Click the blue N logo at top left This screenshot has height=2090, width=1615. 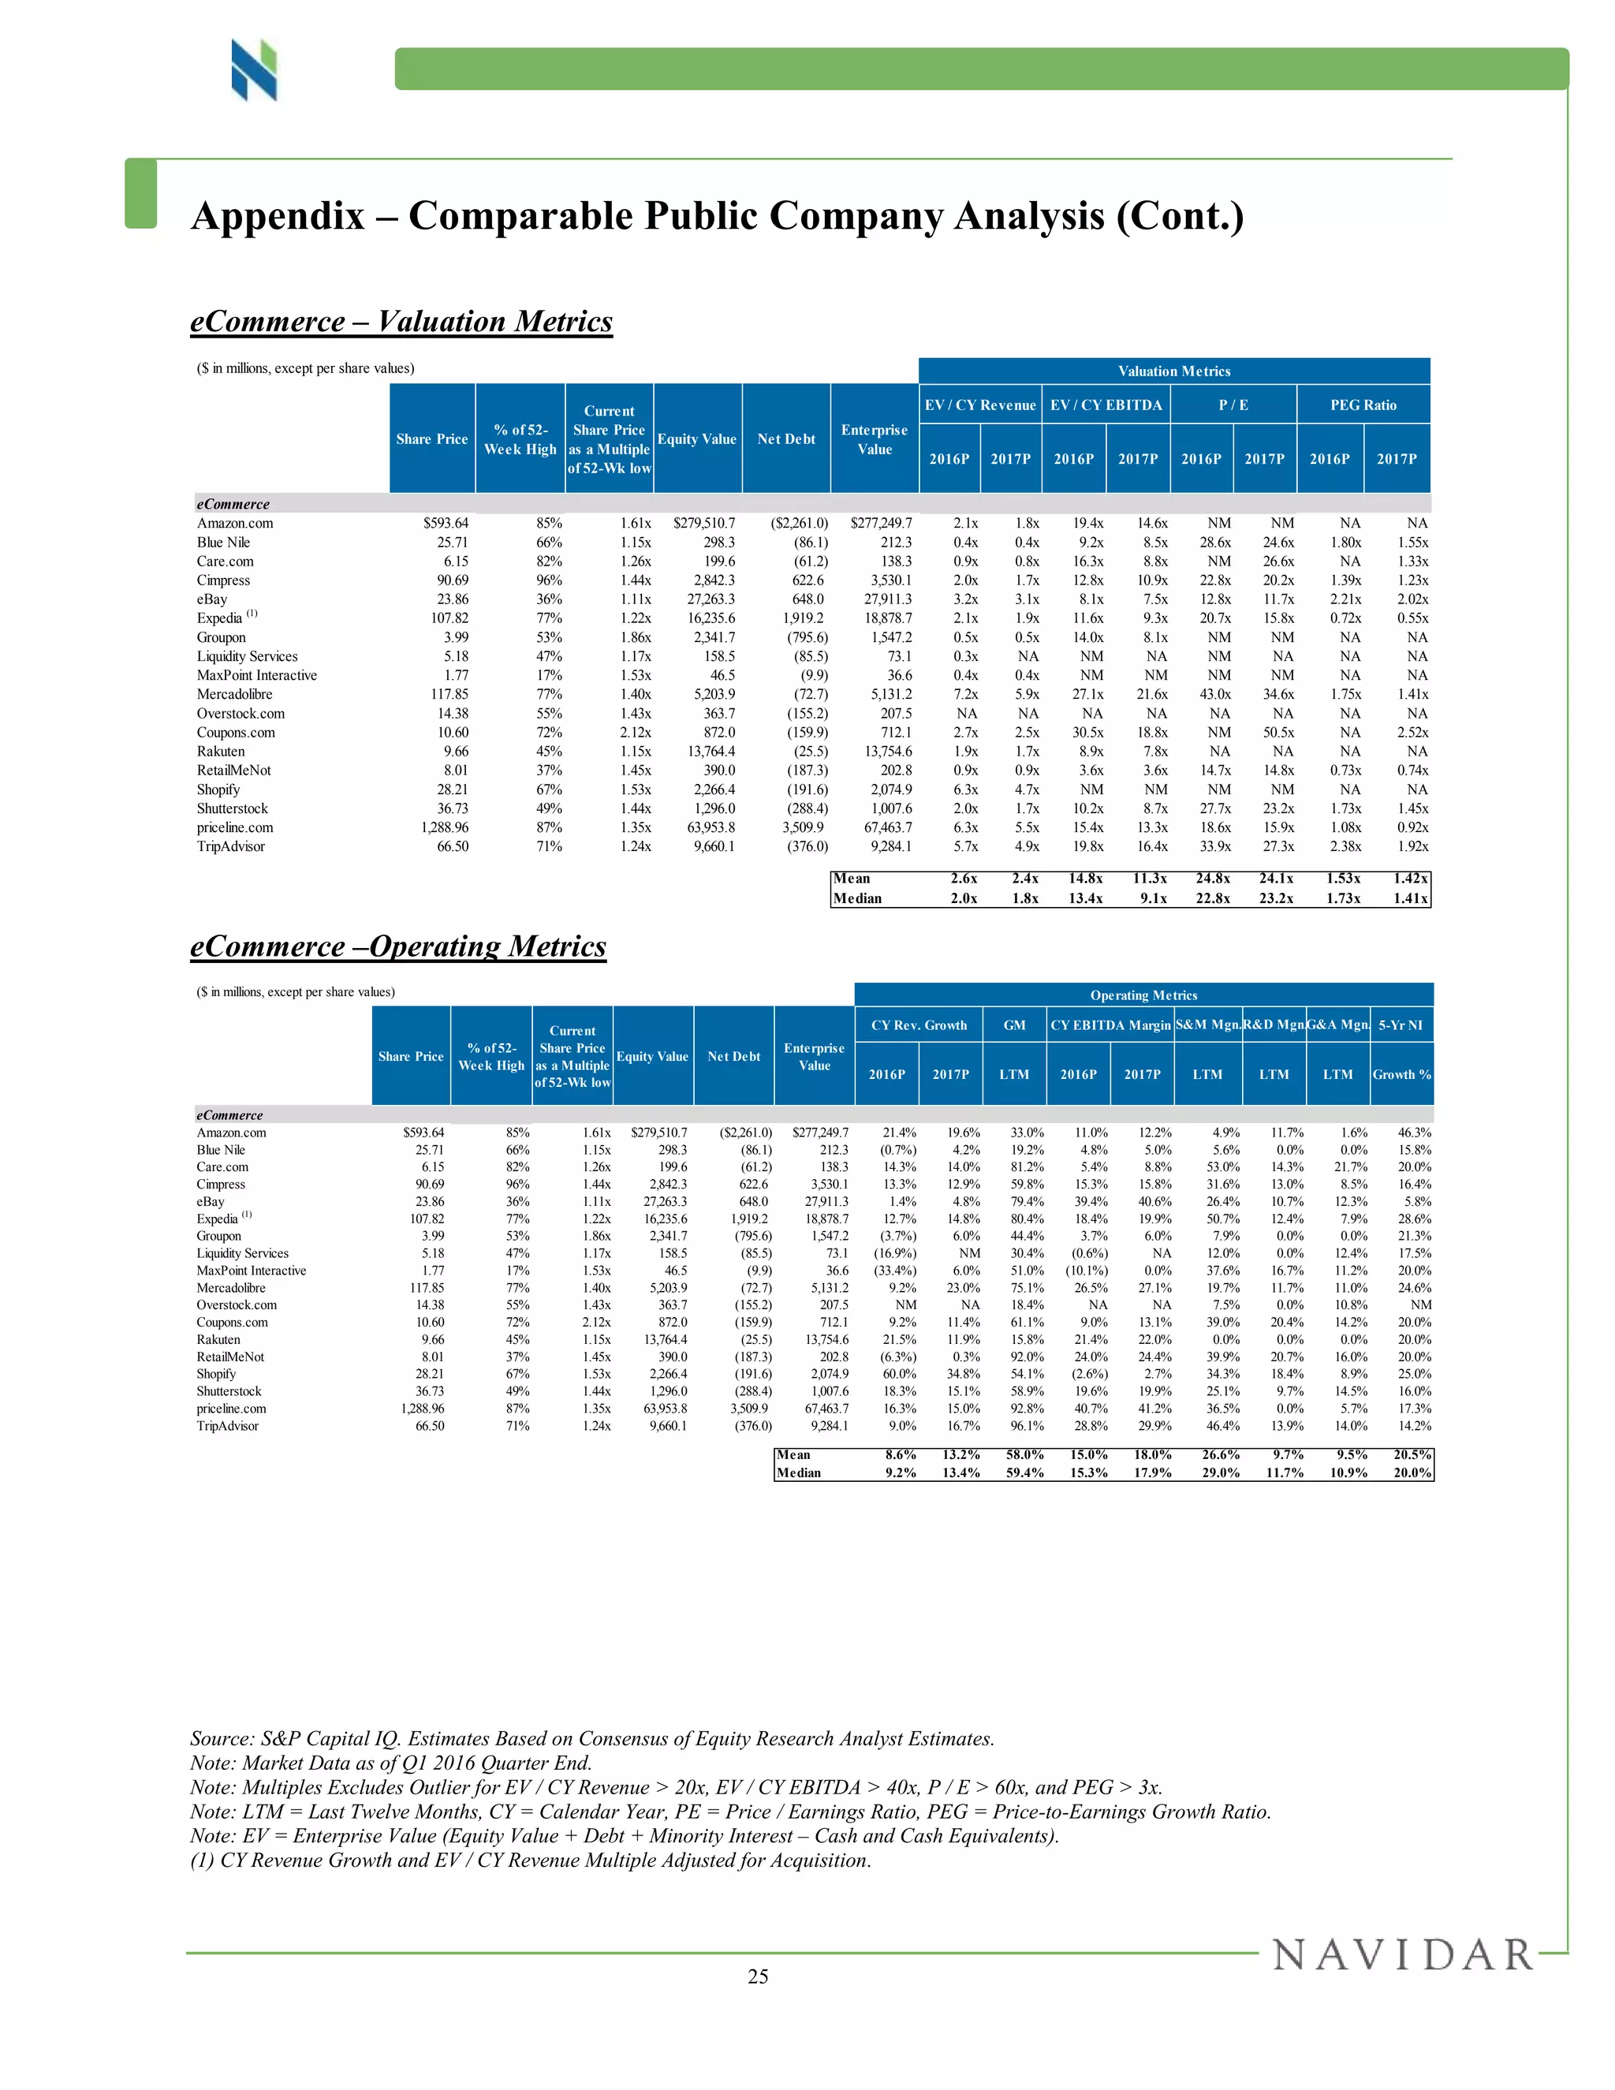coord(254,70)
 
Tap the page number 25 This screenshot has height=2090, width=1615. coord(758,1977)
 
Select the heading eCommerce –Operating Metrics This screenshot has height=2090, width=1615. coord(398,946)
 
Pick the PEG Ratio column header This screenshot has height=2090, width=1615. coord(1363,405)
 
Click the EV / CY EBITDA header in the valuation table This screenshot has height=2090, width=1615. coord(1106,405)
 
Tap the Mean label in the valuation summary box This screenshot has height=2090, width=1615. coord(852,879)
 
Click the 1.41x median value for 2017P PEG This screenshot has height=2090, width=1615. coord(1410,898)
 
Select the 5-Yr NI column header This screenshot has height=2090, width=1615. coord(1401,1025)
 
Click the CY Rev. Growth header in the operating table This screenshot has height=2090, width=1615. coord(919,1025)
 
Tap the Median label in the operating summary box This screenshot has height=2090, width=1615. coord(799,1472)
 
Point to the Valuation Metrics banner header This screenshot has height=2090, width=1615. coord(1174,371)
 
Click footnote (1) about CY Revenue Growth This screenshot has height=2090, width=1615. coord(530,1860)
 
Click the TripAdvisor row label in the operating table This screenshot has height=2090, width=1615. coord(228,1426)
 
